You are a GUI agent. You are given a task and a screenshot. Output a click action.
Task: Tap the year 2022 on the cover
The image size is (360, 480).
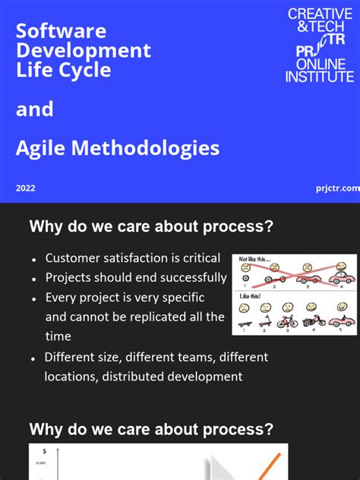25,188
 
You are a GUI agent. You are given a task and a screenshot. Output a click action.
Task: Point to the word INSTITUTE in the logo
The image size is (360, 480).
320,77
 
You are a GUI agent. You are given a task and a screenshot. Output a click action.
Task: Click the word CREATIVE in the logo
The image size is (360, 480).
320,14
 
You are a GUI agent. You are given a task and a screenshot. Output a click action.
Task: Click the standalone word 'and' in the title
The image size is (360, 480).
35,109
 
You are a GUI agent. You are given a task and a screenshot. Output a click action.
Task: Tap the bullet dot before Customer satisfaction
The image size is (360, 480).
34,260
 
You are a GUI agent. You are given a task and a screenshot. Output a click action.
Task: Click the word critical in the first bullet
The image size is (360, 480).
200,258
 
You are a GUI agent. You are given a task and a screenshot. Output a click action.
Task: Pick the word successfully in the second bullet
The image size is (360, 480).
190,278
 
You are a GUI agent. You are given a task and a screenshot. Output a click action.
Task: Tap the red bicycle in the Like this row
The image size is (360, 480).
287,322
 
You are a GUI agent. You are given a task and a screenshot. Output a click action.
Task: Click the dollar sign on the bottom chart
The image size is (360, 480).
45,451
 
